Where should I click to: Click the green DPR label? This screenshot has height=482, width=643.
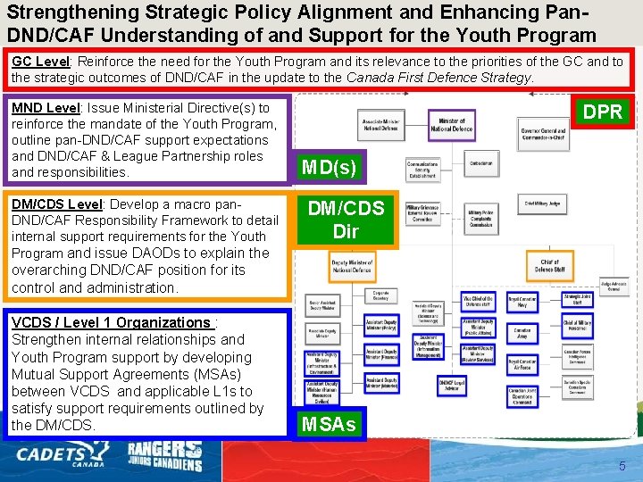(x=604, y=112)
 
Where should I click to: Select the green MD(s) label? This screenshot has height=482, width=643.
(x=329, y=167)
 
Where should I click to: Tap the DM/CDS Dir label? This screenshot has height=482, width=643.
(x=346, y=220)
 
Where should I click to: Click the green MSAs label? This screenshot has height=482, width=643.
(x=329, y=424)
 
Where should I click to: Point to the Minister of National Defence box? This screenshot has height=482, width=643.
(x=451, y=125)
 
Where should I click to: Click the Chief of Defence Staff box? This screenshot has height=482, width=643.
(x=549, y=266)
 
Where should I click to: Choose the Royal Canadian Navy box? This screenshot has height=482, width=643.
(x=522, y=303)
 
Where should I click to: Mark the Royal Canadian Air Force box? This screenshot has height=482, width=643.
(x=522, y=363)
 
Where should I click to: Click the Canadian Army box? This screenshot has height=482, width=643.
(x=522, y=333)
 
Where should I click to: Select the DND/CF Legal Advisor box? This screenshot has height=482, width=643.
(x=452, y=386)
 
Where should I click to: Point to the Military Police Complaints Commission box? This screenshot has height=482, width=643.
(x=480, y=220)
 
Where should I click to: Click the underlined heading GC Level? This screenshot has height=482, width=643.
(x=41, y=62)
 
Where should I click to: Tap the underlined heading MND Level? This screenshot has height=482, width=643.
(x=46, y=107)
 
